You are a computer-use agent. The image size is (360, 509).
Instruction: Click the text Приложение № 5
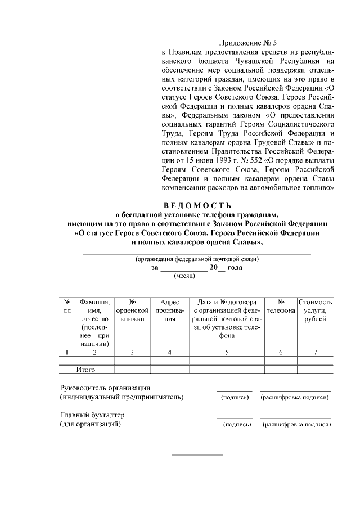pos(248,42)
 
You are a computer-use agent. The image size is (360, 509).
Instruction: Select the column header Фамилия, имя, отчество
pos(94,322)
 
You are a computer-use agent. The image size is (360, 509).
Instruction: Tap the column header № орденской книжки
pos(132,310)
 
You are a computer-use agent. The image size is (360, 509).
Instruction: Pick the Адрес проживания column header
pos(170,310)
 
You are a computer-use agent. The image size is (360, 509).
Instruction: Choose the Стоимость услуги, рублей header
pos(316,310)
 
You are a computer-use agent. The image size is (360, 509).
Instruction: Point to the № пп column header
pos(67,306)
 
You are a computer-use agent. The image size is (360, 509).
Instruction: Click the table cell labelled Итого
pos(86,370)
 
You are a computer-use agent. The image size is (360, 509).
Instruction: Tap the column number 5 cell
pos(227,352)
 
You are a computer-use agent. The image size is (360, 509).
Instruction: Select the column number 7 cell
pos(316,352)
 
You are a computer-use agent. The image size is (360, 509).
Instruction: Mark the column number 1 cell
pos(67,352)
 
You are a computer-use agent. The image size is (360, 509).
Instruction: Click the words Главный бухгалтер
pos(92,415)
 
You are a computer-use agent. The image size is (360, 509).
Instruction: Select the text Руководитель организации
pos(105,388)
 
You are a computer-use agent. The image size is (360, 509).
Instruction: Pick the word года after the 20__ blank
pos(235,268)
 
